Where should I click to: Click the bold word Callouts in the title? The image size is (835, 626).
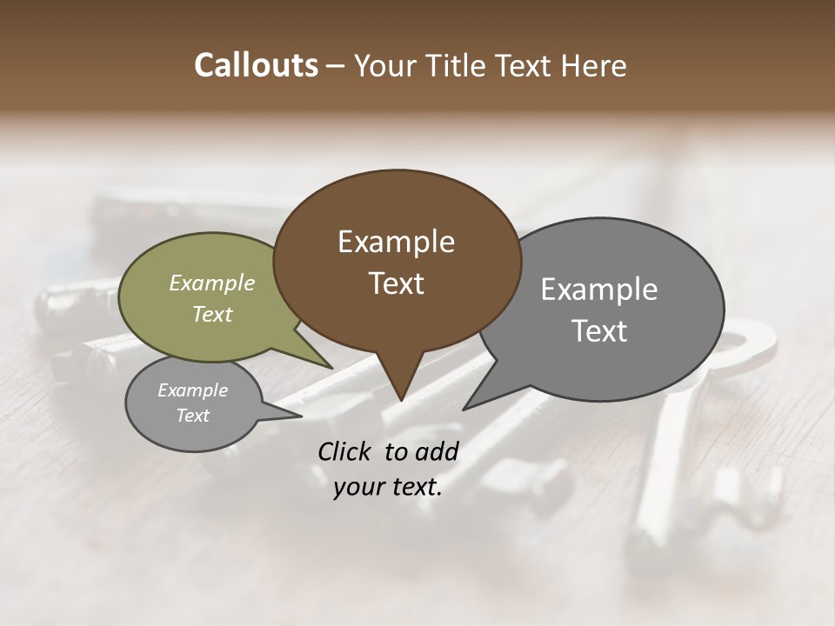[256, 65]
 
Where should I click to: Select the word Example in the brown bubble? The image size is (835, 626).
[396, 242]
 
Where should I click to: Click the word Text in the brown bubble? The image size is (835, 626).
[396, 283]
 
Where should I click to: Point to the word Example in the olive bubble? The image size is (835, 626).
[211, 283]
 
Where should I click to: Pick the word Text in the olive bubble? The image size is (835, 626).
[211, 314]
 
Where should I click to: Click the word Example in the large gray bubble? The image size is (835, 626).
[598, 290]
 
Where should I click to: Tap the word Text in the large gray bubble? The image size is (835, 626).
[598, 330]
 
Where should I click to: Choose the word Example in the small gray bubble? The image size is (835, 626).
[192, 390]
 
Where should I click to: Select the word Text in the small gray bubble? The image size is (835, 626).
[192, 416]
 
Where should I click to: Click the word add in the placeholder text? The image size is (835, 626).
[437, 451]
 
